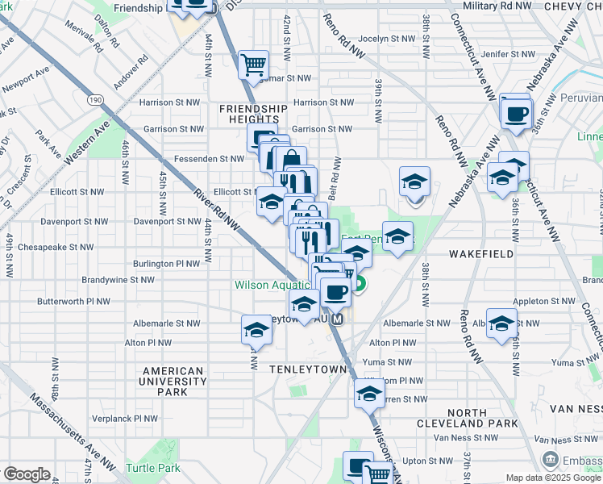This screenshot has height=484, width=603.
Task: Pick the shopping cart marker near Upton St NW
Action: (377, 474)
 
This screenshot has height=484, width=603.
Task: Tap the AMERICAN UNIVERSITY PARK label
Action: (173, 382)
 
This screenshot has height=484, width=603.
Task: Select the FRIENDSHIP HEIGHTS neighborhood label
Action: (254, 114)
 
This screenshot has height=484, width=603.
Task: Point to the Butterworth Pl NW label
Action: (73, 302)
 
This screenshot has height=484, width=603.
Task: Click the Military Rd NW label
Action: (497, 6)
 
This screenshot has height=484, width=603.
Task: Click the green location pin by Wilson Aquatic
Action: (360, 284)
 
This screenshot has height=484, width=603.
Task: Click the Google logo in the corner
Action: (26, 474)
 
